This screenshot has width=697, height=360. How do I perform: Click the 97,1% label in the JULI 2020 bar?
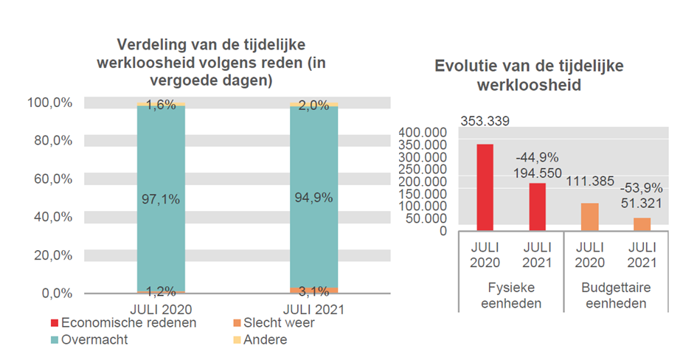pyautogui.click(x=162, y=198)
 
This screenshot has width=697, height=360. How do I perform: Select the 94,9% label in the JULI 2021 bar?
pyautogui.click(x=313, y=198)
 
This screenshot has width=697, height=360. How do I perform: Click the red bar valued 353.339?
pyautogui.click(x=485, y=187)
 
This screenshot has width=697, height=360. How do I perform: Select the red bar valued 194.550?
pyautogui.click(x=537, y=207)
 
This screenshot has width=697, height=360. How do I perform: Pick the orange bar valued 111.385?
pyautogui.click(x=589, y=217)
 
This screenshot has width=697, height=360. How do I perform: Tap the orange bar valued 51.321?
pyautogui.click(x=642, y=224)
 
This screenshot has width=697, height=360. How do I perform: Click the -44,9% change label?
pyautogui.click(x=537, y=157)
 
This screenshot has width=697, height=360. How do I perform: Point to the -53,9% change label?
pyautogui.click(x=641, y=187)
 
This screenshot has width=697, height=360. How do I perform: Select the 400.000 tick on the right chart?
pyautogui.click(x=422, y=132)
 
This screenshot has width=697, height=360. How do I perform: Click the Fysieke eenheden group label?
pyautogui.click(x=510, y=295)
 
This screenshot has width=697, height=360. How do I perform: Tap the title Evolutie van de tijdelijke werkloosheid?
pyautogui.click(x=528, y=75)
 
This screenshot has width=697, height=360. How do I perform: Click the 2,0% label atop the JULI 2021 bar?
pyautogui.click(x=313, y=105)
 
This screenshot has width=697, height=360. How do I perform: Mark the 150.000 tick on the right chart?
pyautogui.click(x=422, y=194)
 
